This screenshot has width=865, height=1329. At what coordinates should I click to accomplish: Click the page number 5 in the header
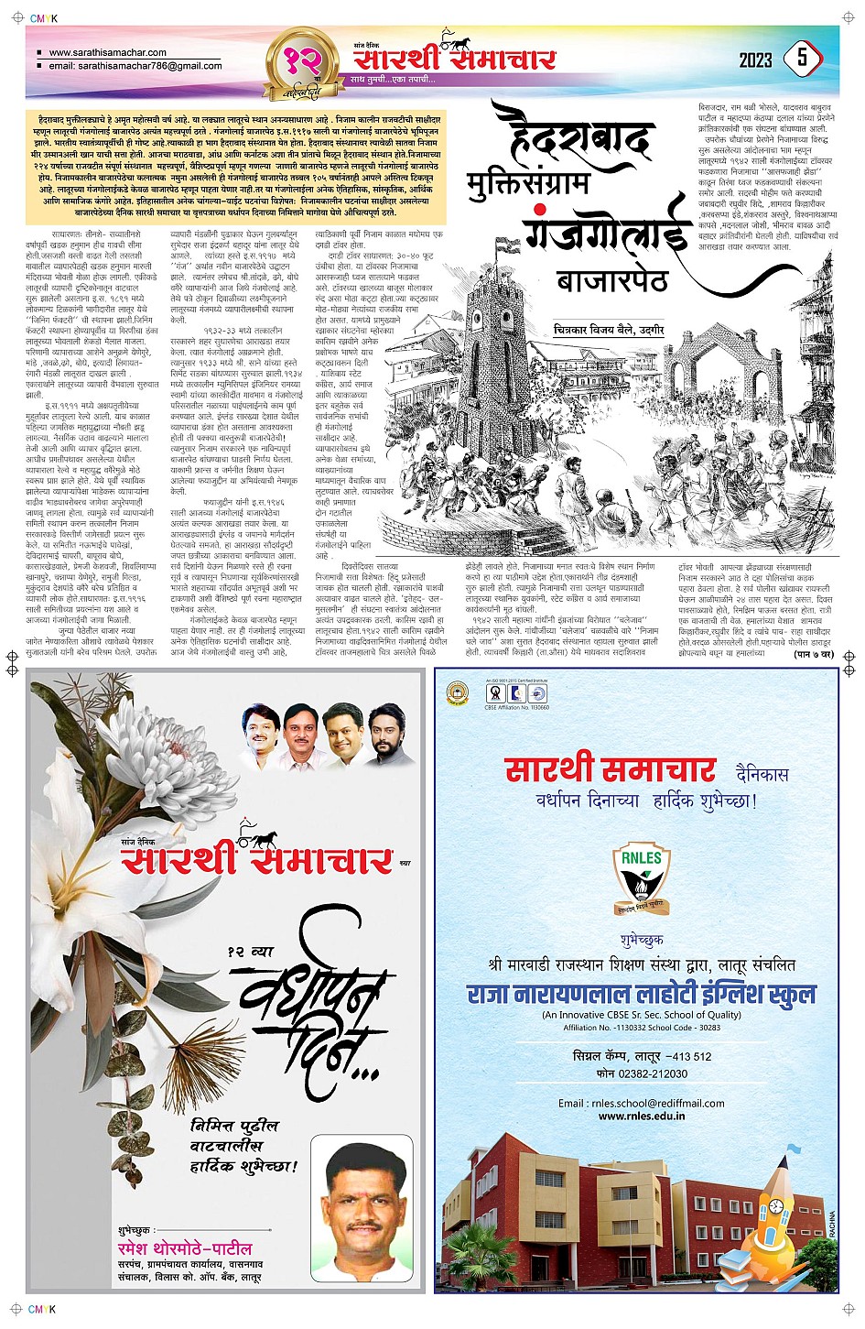tap(802, 59)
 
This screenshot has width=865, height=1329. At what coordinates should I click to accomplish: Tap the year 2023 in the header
tap(755, 60)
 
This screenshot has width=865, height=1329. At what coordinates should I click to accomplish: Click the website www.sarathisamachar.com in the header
tap(107, 52)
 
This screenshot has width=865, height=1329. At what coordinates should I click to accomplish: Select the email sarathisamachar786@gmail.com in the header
tap(135, 66)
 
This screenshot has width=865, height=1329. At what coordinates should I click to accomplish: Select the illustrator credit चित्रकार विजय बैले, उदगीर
tap(608, 329)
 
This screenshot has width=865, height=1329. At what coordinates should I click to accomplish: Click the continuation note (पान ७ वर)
tap(812, 654)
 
